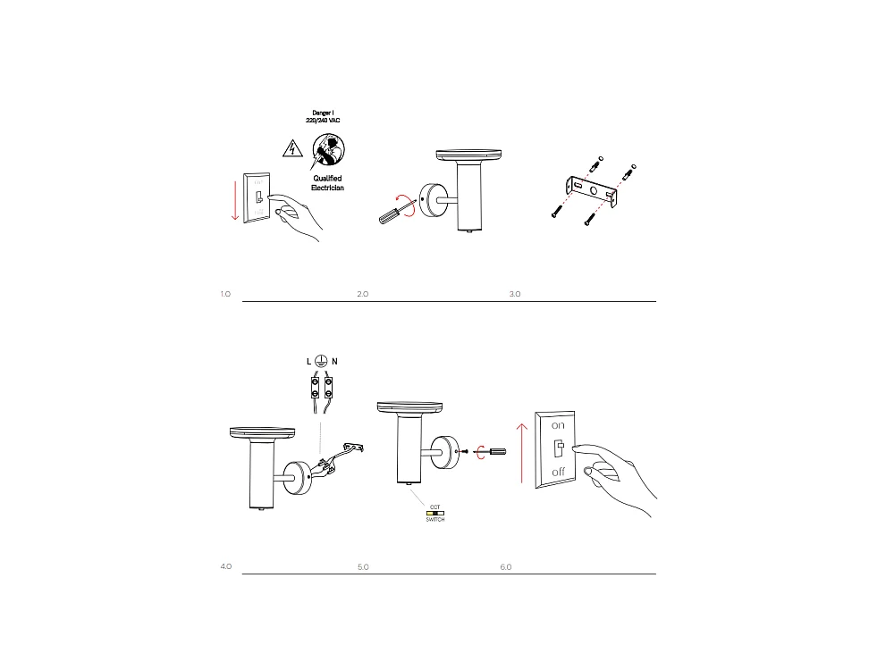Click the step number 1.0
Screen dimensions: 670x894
(x=225, y=294)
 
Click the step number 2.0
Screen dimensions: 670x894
(x=363, y=294)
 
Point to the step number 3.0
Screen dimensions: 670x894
(x=514, y=294)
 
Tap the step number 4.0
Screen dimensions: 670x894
(x=225, y=567)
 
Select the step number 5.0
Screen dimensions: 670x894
(x=363, y=567)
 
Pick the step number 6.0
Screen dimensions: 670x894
(x=506, y=567)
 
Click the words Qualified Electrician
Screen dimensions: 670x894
(x=327, y=183)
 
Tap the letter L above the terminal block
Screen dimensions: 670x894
(x=309, y=361)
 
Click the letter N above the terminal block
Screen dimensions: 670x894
(x=334, y=361)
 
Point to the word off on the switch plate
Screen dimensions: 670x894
(x=558, y=472)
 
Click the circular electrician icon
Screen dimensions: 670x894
(x=328, y=149)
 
